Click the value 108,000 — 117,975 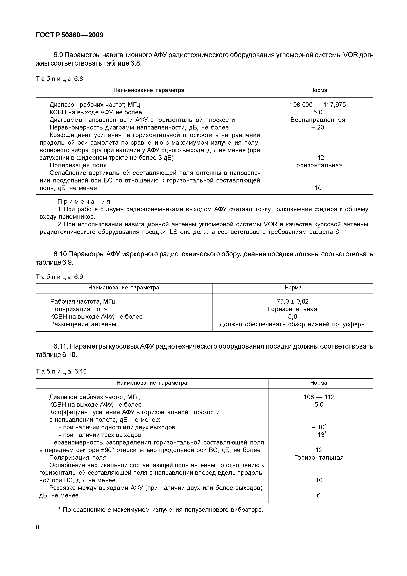click(318, 105)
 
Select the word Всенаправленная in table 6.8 click(318, 120)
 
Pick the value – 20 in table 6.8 click(318, 127)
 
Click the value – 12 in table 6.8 click(318, 158)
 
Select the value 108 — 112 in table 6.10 click(319, 397)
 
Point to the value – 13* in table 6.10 click(319, 435)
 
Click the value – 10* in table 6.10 click(319, 427)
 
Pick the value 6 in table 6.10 click(319, 495)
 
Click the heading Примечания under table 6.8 click(84, 202)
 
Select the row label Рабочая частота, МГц click(83, 301)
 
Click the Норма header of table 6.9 click(293, 288)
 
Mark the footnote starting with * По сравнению click(161, 510)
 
